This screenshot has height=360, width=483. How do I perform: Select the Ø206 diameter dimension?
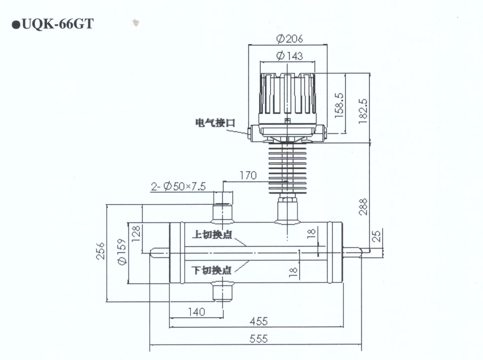point(289,38)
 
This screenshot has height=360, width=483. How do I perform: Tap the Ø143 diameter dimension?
point(289,56)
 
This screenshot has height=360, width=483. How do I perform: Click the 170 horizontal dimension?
point(248,175)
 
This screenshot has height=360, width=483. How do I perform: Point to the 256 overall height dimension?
point(101,253)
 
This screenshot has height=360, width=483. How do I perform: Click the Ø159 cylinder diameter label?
point(123,253)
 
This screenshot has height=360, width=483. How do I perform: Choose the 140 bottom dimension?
point(196,312)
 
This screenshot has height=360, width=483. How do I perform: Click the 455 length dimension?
point(258,322)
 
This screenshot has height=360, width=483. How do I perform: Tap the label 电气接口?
point(215,123)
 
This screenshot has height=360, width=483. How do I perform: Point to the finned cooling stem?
point(287,169)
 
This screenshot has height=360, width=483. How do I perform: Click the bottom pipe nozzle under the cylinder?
point(223,291)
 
